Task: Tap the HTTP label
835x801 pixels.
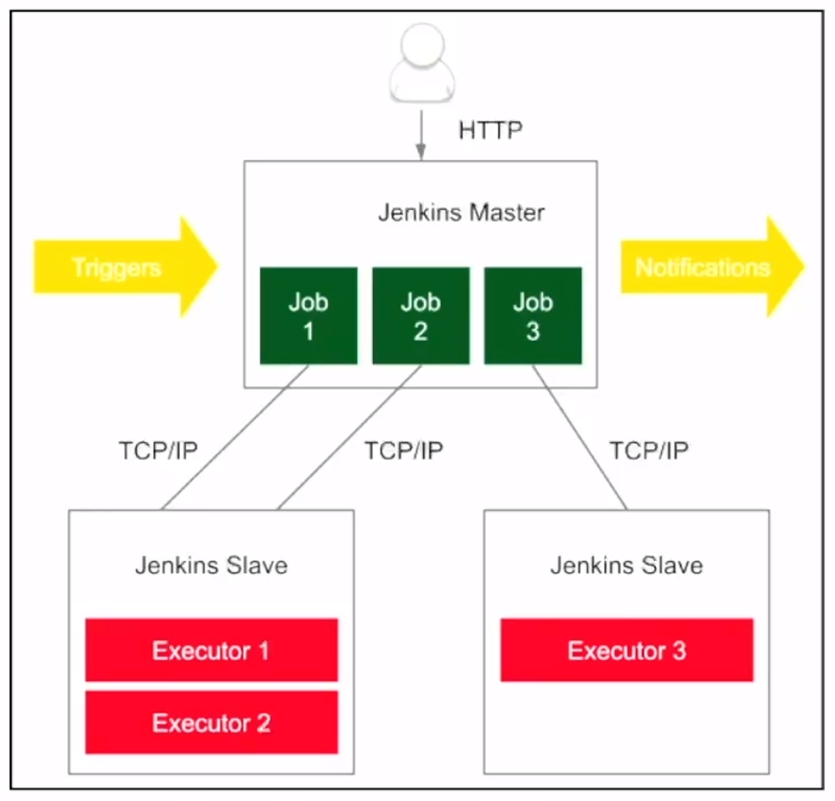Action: click(x=490, y=130)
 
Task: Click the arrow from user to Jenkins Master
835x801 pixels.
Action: click(x=421, y=135)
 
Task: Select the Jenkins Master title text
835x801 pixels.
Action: click(x=461, y=212)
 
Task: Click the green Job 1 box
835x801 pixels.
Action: click(x=309, y=316)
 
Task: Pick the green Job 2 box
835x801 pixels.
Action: click(x=421, y=316)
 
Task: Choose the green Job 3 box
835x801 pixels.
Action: click(x=533, y=316)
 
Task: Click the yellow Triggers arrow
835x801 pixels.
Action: click(x=126, y=267)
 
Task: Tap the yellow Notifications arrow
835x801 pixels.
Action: click(x=712, y=267)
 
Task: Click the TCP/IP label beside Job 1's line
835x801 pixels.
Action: click(x=158, y=450)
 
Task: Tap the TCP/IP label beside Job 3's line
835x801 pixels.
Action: click(x=649, y=450)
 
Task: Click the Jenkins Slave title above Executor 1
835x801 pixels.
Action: click(x=212, y=565)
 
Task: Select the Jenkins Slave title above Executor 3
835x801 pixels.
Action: click(x=627, y=565)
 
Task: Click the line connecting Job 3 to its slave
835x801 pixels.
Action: click(x=580, y=437)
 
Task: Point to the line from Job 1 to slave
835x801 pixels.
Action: click(x=235, y=437)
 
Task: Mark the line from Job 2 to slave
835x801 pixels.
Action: click(x=349, y=437)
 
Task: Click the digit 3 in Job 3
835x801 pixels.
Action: click(x=533, y=331)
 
